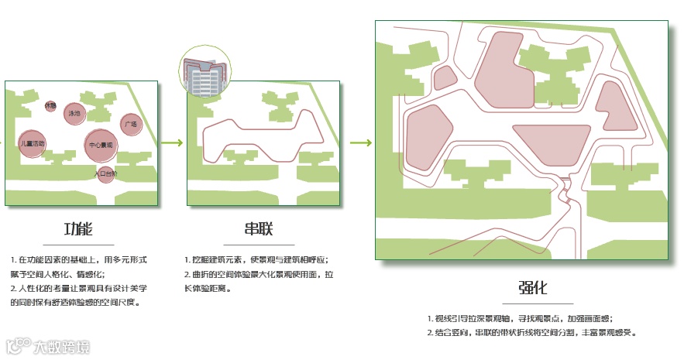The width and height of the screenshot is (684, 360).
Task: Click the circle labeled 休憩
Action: click(50, 105)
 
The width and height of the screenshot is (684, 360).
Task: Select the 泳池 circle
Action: click(74, 114)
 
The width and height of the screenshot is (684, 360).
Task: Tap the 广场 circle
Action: click(130, 124)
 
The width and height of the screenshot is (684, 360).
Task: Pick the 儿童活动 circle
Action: click(33, 143)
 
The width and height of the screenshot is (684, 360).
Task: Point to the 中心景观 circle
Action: click(101, 144)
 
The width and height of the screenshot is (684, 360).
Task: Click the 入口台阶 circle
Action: click(105, 174)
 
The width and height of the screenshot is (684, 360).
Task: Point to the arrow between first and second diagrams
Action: click(174, 142)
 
